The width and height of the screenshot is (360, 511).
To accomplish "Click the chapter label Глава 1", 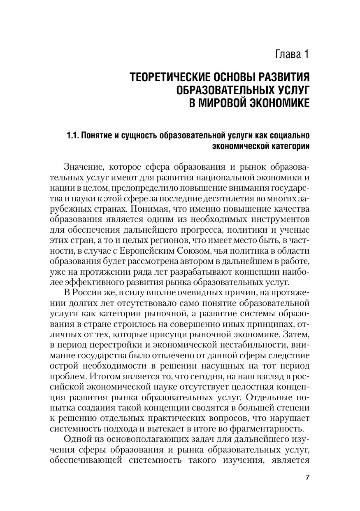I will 286,54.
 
